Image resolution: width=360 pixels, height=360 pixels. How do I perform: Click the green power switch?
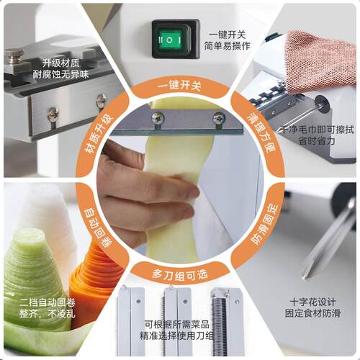pos(170,39)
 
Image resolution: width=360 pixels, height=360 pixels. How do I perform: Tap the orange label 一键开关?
pos(179,86)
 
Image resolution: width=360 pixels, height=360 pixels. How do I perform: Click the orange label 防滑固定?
pos(265,225)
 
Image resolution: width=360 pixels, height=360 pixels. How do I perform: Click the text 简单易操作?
pos(227,45)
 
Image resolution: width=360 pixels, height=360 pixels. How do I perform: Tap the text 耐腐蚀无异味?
pos(60,75)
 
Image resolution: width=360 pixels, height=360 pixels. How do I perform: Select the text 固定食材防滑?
pos(312,313)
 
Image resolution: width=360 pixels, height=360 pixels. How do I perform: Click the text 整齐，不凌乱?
pos(48,314)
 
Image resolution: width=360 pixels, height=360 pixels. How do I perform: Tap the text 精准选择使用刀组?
pos(176,336)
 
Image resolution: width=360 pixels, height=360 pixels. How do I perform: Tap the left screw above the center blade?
pos(158,118)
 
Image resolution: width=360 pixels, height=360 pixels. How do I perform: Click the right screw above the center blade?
pos(219,118)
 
